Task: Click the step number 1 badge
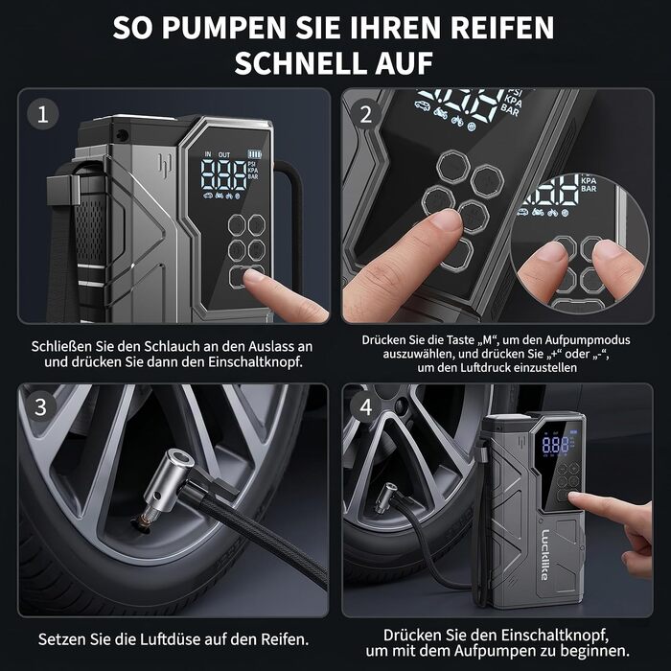(43, 114)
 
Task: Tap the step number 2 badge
(366, 114)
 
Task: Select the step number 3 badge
(40, 406)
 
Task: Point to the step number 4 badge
(365, 407)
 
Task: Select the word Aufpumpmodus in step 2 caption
(587, 340)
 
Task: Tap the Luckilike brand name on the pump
(544, 555)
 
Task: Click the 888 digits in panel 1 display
(223, 174)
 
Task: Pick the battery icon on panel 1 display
(255, 154)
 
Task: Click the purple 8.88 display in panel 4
(555, 445)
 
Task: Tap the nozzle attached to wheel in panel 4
(386, 499)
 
